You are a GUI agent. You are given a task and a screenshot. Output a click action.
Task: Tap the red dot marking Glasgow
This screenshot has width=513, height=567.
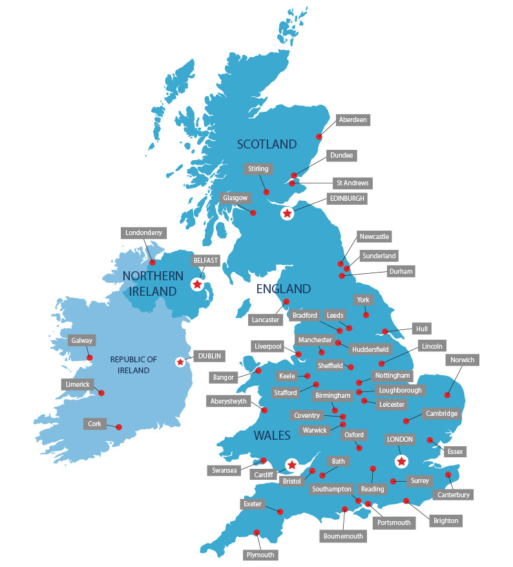point(253,212)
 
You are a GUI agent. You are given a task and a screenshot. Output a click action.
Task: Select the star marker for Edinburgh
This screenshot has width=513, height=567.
point(287,213)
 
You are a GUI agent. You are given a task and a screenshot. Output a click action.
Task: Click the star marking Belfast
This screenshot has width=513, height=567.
point(197,284)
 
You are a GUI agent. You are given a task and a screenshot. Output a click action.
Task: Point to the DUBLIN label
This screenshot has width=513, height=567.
point(209,355)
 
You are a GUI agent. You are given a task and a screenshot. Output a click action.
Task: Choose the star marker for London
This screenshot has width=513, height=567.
point(402,461)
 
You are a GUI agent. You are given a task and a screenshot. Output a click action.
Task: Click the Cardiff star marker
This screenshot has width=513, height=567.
point(291,464)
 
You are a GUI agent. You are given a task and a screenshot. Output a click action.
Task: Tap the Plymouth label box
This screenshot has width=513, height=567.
point(260,555)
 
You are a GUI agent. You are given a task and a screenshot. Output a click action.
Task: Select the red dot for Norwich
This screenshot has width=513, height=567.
point(447,395)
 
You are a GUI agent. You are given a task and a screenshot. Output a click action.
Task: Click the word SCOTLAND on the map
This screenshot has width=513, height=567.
point(267,144)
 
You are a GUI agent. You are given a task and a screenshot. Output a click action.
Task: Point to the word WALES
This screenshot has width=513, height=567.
point(272,436)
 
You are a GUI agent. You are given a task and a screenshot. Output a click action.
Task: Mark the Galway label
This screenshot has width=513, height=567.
point(82,340)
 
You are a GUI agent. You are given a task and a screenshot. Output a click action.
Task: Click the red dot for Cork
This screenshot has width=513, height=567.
point(120,426)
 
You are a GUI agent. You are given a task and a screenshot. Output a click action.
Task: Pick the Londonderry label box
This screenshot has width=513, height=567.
point(145,232)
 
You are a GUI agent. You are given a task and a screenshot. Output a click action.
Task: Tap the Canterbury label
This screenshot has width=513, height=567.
point(454,495)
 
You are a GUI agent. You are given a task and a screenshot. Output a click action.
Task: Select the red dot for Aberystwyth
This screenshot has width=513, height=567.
point(264,410)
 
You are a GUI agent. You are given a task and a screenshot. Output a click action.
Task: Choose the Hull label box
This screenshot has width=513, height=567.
point(423,329)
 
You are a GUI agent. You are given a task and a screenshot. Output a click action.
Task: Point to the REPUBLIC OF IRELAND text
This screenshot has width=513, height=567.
point(134,365)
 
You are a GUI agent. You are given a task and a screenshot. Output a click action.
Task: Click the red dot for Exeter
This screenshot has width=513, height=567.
point(280,512)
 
